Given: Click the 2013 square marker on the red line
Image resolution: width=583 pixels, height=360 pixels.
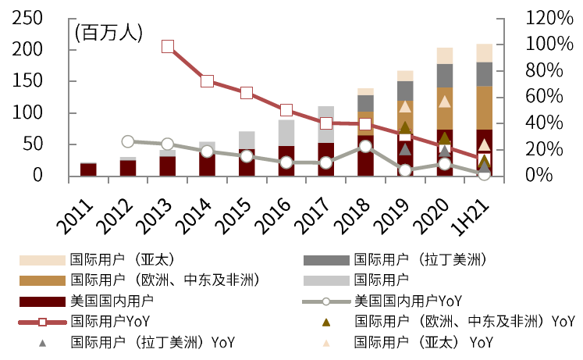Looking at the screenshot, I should [x=168, y=47].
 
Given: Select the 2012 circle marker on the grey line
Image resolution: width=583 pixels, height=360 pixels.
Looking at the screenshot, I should [x=128, y=141].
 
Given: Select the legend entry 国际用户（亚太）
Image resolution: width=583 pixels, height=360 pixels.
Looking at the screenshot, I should [x=121, y=258].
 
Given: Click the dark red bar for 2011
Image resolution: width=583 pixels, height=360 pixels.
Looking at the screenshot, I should [x=88, y=169].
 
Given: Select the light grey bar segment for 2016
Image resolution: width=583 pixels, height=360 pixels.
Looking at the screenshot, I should [x=286, y=133].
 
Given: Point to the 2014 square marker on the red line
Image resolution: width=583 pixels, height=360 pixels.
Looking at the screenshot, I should [x=208, y=80].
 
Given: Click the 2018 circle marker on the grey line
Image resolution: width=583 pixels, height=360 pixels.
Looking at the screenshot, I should [x=365, y=146].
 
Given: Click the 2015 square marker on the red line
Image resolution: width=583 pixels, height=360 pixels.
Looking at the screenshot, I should [x=247, y=93].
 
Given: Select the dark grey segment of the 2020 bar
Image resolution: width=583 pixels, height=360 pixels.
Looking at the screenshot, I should [x=445, y=75].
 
